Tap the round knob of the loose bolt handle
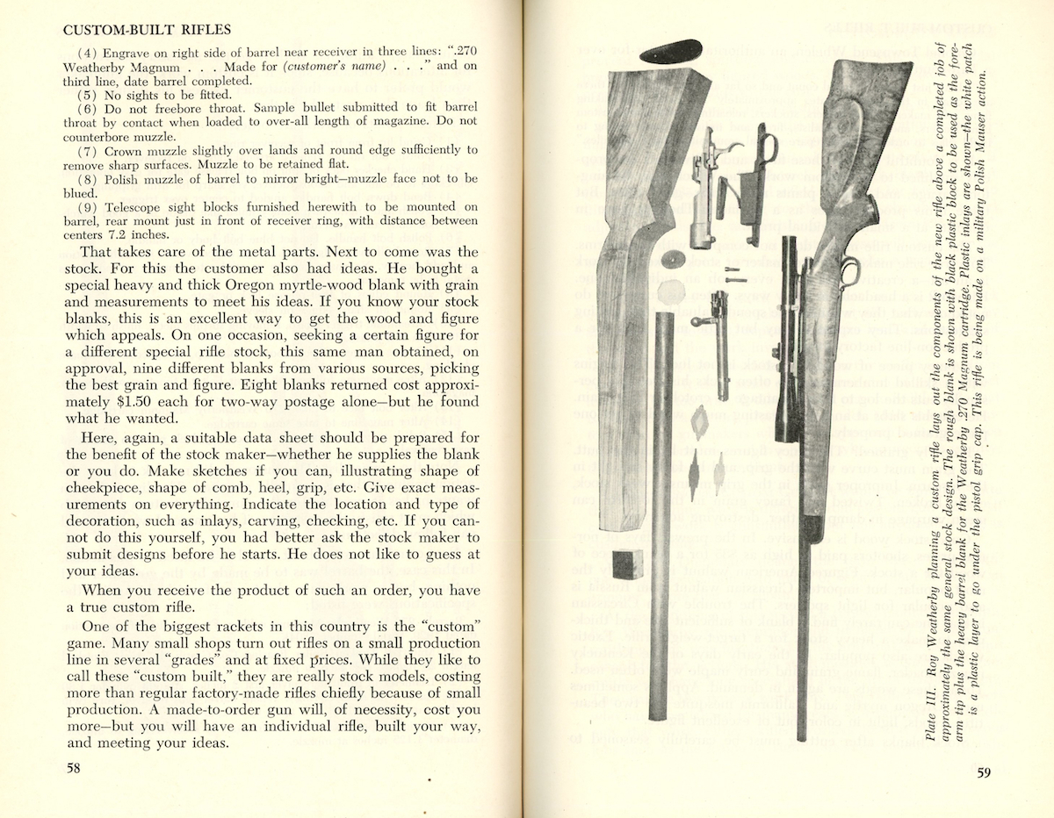click(x=693, y=322)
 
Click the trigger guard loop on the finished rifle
click(x=848, y=273)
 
